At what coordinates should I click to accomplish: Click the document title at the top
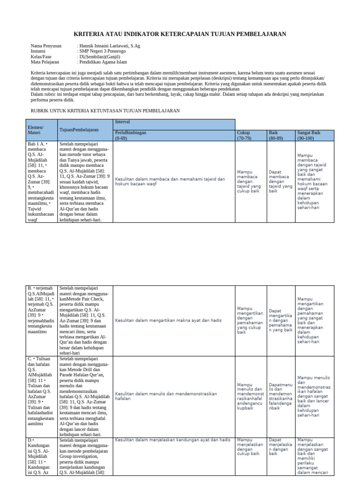[180, 34]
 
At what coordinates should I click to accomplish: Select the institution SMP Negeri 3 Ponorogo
[103, 51]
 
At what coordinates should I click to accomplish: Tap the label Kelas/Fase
[41, 56]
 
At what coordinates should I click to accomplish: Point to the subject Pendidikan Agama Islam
[103, 61]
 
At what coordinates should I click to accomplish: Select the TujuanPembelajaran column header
[79, 129]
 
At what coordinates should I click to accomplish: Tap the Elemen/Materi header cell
[36, 130]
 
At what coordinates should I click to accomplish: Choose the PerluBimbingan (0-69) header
[131, 135]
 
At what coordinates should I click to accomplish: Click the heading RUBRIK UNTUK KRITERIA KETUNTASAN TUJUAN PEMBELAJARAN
[105, 110]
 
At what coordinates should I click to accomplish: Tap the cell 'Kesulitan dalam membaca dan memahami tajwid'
[170, 181]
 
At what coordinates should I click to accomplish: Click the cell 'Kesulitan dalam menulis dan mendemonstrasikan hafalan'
[167, 397]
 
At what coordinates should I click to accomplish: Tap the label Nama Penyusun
[46, 46]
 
